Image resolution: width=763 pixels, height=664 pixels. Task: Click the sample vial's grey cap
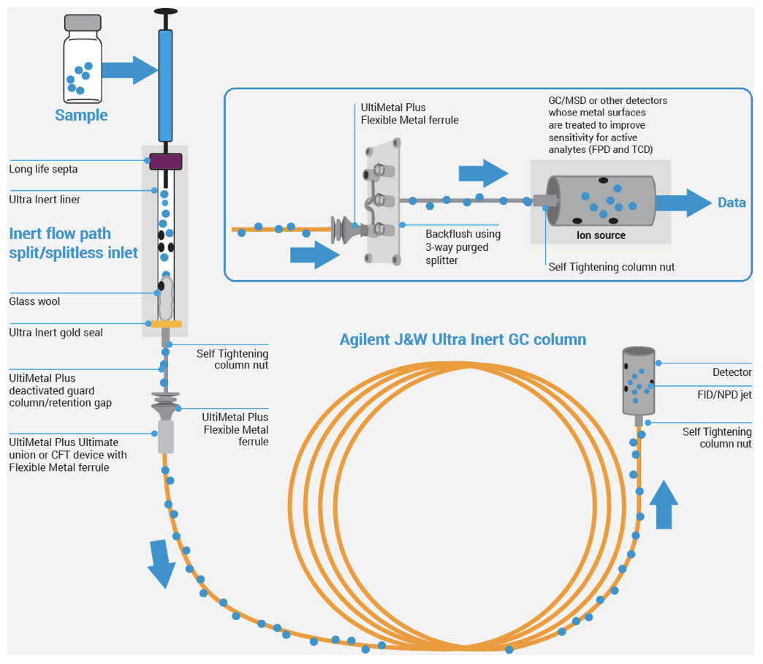click(81, 23)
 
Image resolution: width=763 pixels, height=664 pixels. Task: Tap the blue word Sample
click(81, 116)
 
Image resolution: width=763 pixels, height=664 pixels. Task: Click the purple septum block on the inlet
click(165, 162)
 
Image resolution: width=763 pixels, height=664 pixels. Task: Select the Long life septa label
click(43, 170)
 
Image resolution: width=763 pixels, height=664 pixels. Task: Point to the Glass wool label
click(34, 301)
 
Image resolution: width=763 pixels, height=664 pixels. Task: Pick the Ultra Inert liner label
click(45, 199)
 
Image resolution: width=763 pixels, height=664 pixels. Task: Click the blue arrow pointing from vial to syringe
click(129, 69)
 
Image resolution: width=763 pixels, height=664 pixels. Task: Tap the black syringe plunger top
click(165, 12)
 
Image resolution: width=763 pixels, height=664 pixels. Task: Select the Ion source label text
click(600, 235)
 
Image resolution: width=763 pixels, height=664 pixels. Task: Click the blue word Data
click(732, 203)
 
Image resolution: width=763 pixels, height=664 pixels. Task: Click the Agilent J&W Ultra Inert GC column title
click(463, 339)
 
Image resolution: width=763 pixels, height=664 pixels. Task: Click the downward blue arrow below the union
click(161, 563)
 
